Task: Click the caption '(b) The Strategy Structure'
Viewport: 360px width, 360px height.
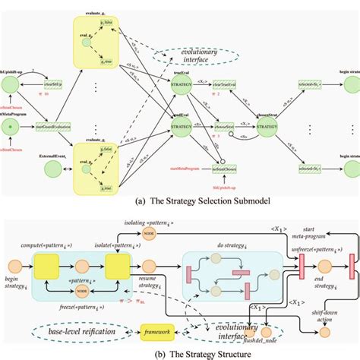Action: click(179, 353)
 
